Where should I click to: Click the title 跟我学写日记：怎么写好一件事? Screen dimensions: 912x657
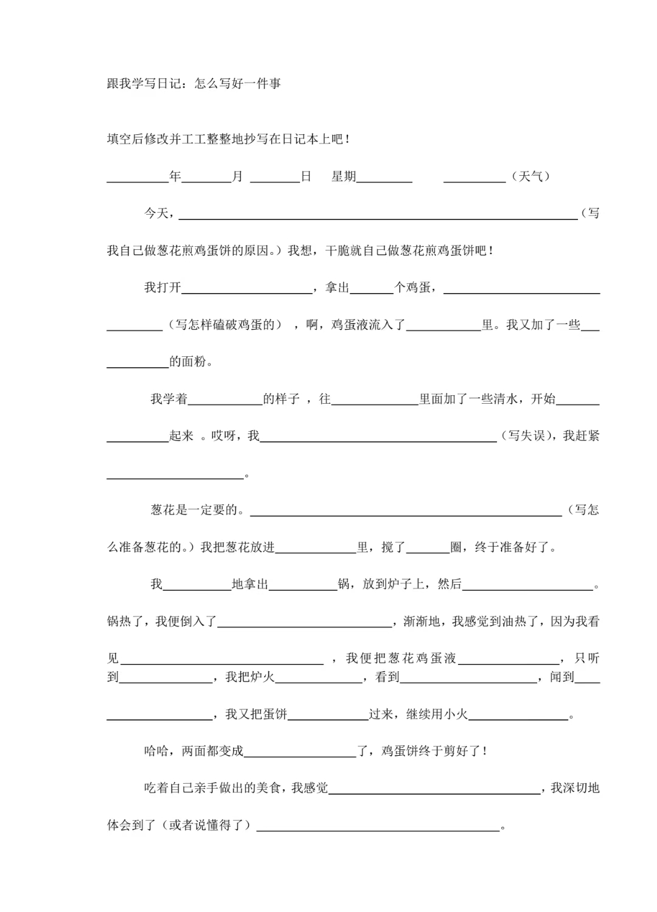193,84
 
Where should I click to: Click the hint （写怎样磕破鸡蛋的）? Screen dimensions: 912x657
226,325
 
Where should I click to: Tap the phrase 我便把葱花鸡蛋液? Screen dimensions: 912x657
401,658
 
